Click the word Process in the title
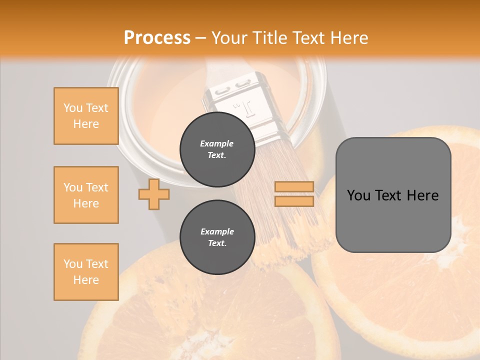pos(157,37)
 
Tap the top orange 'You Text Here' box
pos(86,116)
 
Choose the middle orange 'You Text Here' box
pos(86,195)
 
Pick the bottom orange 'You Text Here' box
pos(86,272)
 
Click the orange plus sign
pos(153,194)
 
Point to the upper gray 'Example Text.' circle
pos(217,149)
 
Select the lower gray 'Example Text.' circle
pos(217,237)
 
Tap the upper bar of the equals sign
pos(294,186)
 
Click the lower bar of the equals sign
pos(294,201)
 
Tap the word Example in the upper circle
pos(217,143)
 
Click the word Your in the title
pos(228,37)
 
